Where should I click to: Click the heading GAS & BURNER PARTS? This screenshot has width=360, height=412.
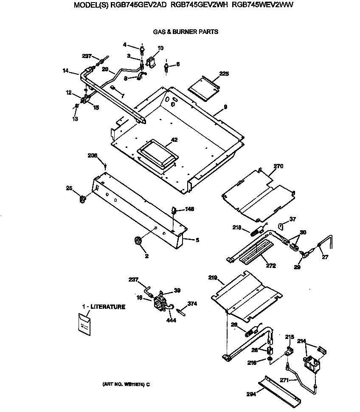pyautogui.click(x=186, y=31)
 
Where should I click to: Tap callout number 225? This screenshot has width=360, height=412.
pyautogui.click(x=224, y=73)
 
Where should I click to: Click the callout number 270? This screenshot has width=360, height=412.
pyautogui.click(x=278, y=166)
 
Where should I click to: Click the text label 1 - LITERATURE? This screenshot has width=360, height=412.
pyautogui.click(x=104, y=307)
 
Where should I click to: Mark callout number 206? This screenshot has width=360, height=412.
pyautogui.click(x=93, y=155)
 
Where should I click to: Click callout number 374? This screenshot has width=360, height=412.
pyautogui.click(x=193, y=303)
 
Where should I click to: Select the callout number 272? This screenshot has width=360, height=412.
pyautogui.click(x=270, y=266)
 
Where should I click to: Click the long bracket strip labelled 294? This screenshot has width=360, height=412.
pyautogui.click(x=281, y=389)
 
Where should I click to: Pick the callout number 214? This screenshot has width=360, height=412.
pyautogui.click(x=302, y=341)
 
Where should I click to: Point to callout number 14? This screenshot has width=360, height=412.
pyautogui.click(x=66, y=71)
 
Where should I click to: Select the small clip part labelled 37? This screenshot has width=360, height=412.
pyautogui.click(x=281, y=225)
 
